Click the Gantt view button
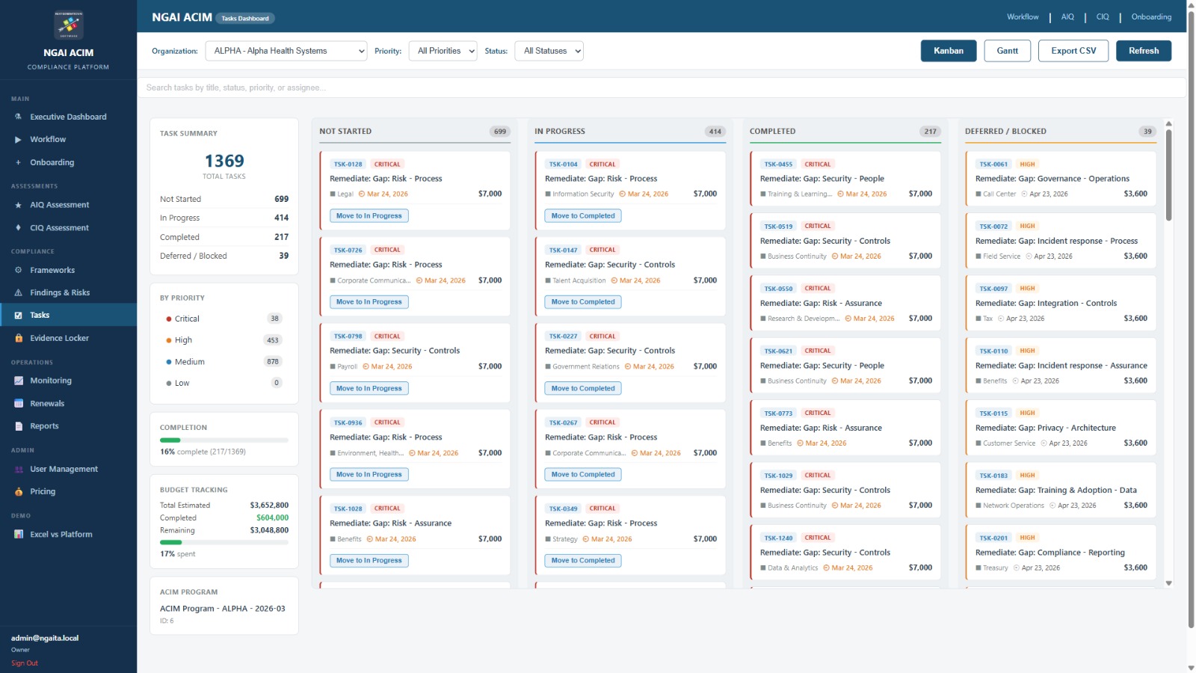point(1007,51)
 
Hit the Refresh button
point(1143,51)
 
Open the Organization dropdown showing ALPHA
point(286,51)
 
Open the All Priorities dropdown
point(443,51)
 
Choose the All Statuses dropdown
point(549,51)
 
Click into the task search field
point(661,87)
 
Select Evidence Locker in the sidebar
point(59,338)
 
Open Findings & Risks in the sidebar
point(60,292)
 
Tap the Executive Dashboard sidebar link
point(68,117)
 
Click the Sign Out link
point(25,663)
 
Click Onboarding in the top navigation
point(1151,16)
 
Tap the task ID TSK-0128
point(348,165)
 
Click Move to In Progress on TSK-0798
point(369,388)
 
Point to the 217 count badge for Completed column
point(930,132)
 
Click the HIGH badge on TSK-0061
point(1027,165)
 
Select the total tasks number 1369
point(224,161)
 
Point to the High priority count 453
point(273,340)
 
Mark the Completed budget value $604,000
point(272,517)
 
